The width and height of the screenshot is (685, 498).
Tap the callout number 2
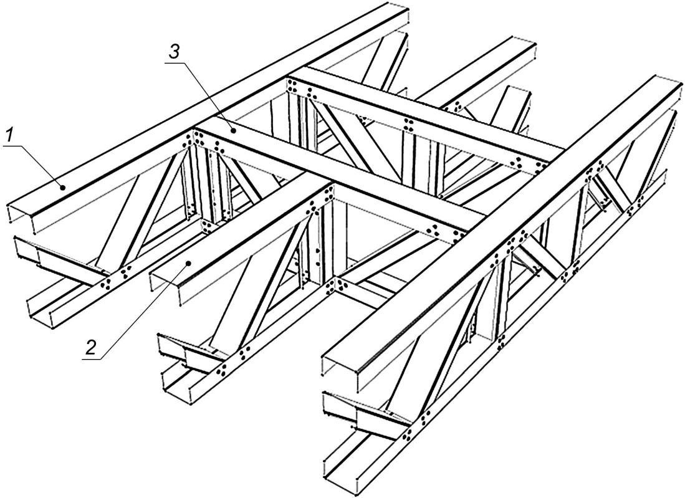tap(91, 347)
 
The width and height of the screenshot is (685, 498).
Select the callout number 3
tap(173, 52)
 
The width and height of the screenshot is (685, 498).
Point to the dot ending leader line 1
tap(63, 188)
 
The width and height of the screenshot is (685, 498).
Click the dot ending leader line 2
tap(188, 263)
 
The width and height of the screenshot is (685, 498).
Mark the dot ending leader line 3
tap(234, 130)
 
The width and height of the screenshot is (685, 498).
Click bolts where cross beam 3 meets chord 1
tap(196, 140)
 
